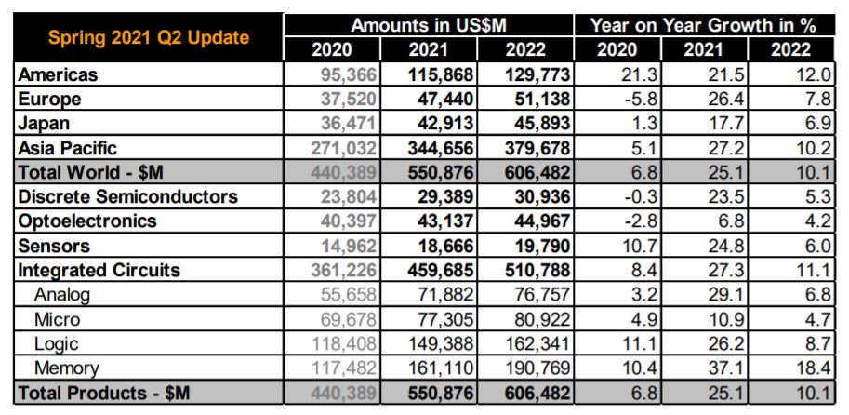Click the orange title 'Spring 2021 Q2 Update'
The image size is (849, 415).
tap(148, 37)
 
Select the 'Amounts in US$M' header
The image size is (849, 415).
tap(429, 25)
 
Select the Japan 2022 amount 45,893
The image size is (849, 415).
tap(537, 123)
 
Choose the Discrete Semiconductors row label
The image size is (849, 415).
tap(127, 196)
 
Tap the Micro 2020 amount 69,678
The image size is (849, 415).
tap(343, 319)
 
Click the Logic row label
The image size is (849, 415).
tap(56, 344)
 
